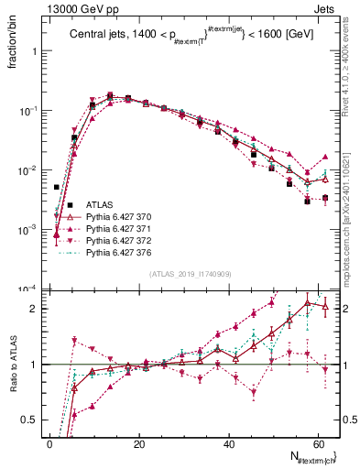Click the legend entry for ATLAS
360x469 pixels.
tap(100, 204)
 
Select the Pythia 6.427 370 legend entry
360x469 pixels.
tap(120, 216)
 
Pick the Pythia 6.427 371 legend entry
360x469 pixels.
tap(120, 228)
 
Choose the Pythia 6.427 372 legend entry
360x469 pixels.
tap(120, 240)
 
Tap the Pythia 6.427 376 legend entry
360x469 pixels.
tap(120, 252)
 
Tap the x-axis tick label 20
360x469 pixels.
tap(137, 443)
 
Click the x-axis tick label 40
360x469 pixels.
tap(228, 443)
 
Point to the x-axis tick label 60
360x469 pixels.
tap(317, 443)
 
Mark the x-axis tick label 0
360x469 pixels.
tap(49, 443)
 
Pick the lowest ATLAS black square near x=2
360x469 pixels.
tap(57, 187)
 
